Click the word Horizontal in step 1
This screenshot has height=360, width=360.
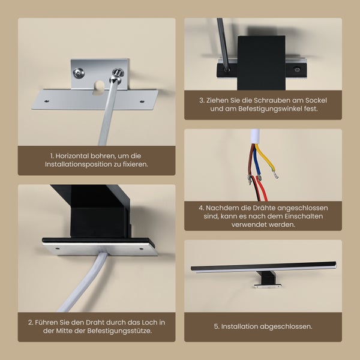point(75,155)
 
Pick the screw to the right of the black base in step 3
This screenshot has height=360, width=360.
point(298,69)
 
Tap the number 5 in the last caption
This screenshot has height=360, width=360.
point(217,326)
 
